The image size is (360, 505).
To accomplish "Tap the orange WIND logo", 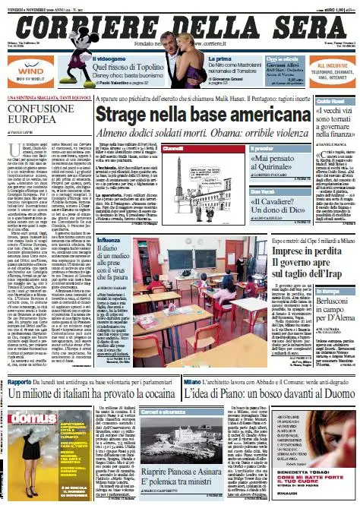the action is (24, 67).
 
